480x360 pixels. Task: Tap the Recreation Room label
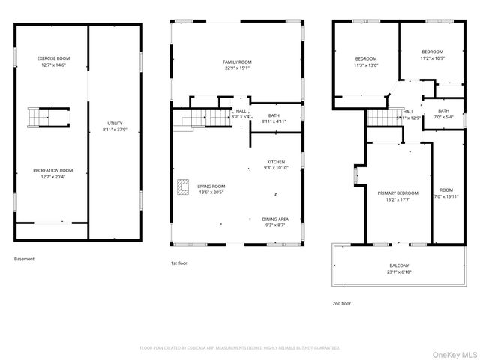pos(52,170)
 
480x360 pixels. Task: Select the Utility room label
pos(115,124)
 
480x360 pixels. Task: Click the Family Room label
pos(236,61)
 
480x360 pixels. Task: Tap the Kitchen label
pos(276,162)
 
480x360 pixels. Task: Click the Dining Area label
pos(275,219)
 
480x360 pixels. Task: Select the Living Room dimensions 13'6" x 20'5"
pos(211,192)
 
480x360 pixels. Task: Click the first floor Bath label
pos(274,115)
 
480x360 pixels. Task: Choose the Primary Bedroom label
pos(397,193)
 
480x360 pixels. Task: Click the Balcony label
pos(399,265)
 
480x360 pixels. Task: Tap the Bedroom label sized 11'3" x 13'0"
pos(365,58)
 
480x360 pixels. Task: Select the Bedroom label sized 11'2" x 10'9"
pos(432,52)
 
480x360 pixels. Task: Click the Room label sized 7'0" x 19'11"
pos(446,190)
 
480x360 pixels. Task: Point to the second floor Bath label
pos(443,111)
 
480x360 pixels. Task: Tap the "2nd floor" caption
pos(341,303)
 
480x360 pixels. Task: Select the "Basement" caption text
pos(24,259)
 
